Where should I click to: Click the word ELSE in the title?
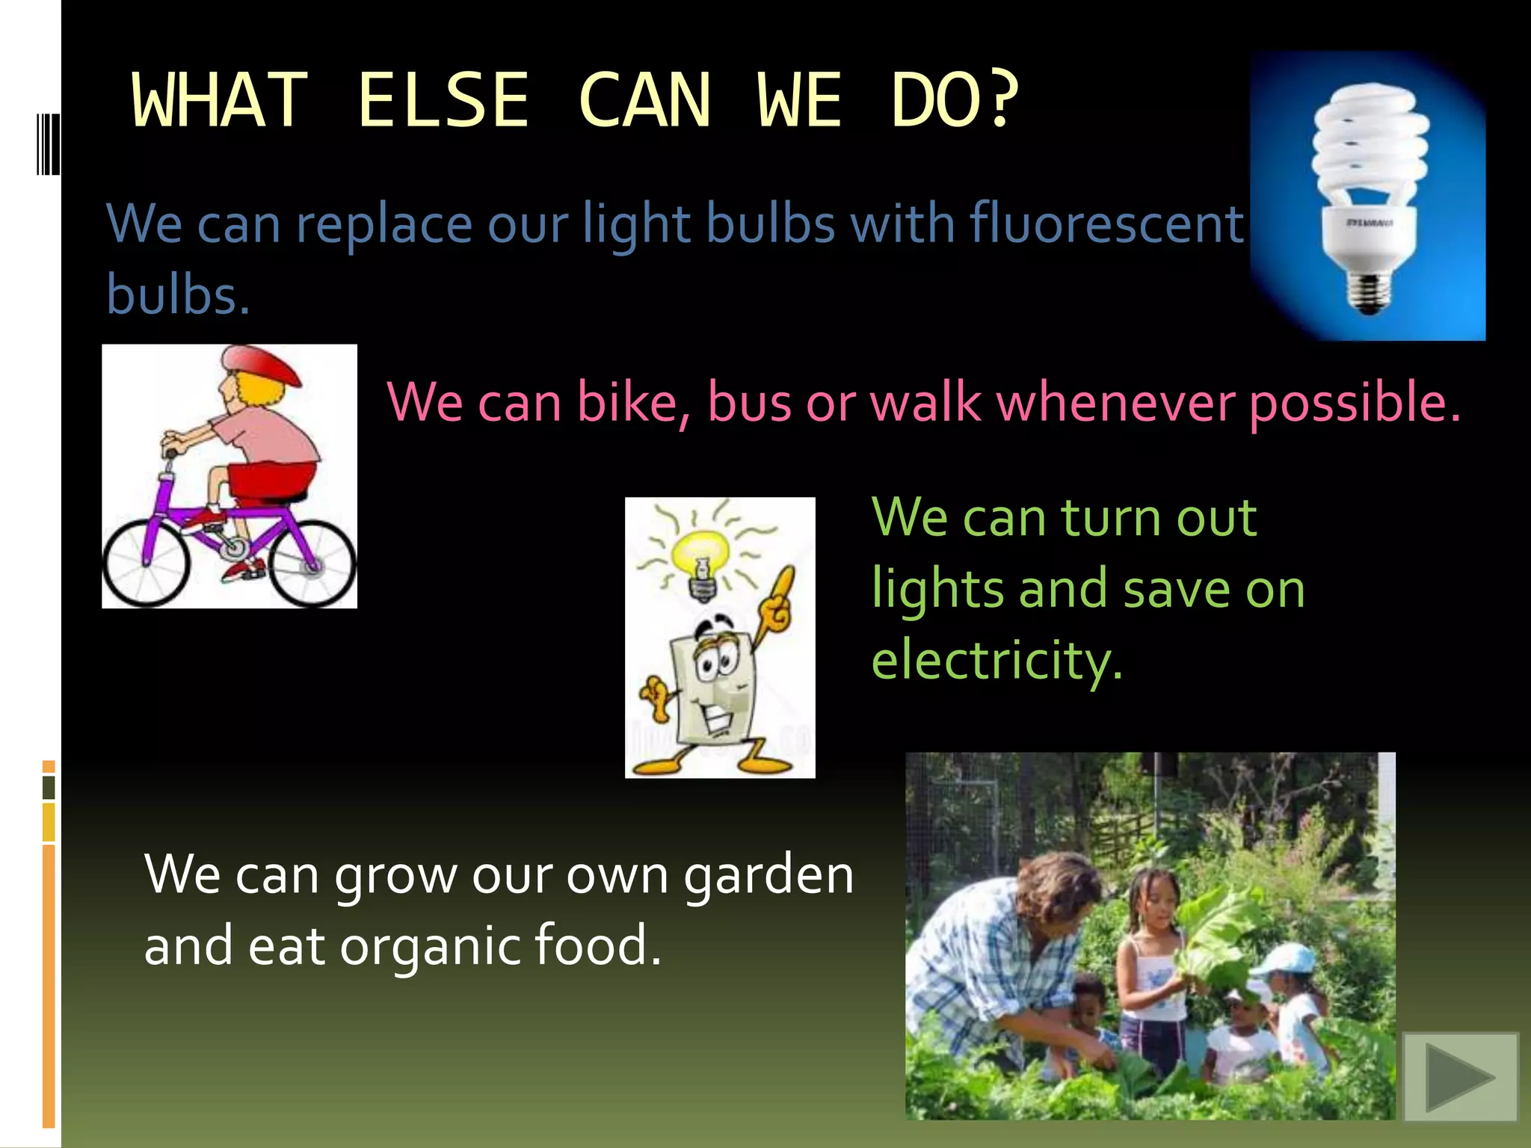click(x=443, y=100)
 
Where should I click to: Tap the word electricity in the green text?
click(x=996, y=661)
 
